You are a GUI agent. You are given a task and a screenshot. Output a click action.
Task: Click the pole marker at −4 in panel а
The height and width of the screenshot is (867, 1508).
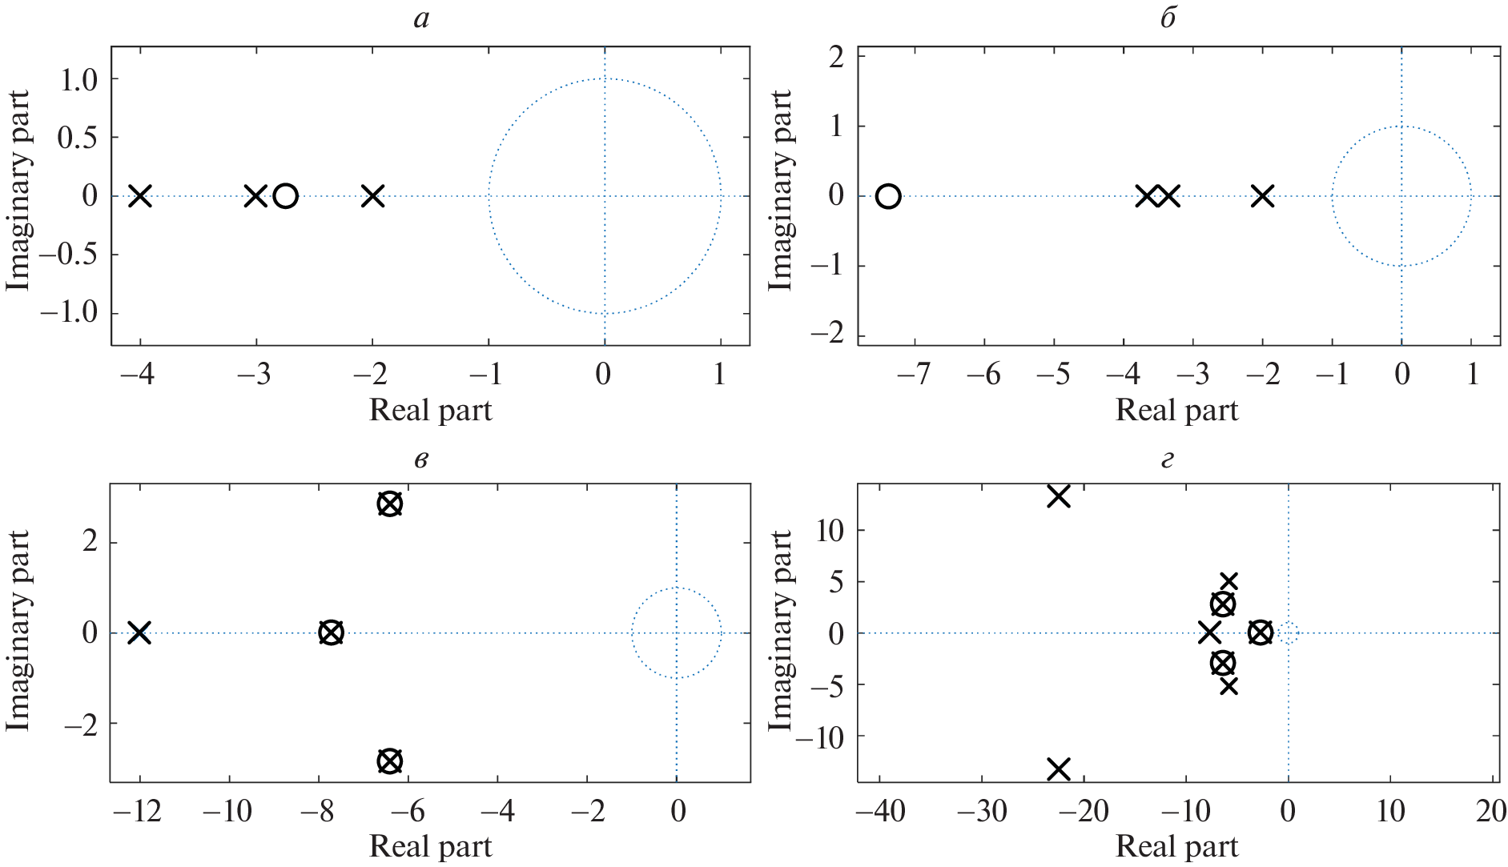click(x=140, y=196)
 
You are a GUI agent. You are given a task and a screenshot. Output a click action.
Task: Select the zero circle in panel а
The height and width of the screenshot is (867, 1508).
click(x=286, y=196)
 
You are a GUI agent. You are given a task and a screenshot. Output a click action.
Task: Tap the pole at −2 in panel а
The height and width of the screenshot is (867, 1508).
click(x=372, y=196)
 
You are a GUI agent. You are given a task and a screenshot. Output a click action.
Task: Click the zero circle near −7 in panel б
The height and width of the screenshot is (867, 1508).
click(x=888, y=196)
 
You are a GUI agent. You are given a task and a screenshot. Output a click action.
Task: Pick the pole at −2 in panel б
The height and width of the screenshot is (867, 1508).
click(x=1262, y=196)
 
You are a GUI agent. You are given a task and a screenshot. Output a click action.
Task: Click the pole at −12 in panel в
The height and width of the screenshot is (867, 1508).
click(x=139, y=633)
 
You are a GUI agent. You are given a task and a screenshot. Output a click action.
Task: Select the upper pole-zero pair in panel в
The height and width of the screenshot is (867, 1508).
click(x=389, y=504)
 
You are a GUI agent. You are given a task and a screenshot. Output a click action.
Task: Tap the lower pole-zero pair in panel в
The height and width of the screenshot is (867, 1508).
click(x=389, y=761)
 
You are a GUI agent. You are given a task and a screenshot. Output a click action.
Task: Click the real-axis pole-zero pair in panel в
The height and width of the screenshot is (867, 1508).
click(x=332, y=633)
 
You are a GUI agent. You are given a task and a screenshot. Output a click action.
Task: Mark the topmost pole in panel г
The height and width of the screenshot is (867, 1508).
click(x=1059, y=496)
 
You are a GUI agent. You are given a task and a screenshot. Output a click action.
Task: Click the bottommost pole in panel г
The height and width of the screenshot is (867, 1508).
click(x=1059, y=770)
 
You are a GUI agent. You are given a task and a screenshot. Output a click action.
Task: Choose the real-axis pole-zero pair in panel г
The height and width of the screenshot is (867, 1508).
click(x=1260, y=633)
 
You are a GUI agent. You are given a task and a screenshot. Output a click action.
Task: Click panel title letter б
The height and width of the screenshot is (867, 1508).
click(x=1168, y=18)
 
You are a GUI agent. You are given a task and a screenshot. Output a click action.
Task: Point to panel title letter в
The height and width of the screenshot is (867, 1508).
click(x=421, y=460)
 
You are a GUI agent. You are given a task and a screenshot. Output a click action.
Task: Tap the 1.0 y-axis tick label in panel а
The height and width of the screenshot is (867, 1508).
click(x=78, y=79)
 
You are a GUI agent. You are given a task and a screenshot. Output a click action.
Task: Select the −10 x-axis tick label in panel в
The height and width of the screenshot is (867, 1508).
click(x=227, y=812)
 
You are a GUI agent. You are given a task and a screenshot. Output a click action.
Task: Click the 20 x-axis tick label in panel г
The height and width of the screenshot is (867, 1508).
click(x=1490, y=812)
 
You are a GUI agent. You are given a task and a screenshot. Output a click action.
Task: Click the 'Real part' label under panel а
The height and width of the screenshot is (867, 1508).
click(x=430, y=410)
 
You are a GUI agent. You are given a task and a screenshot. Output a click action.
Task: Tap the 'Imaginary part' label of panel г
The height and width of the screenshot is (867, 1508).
click(x=781, y=631)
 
